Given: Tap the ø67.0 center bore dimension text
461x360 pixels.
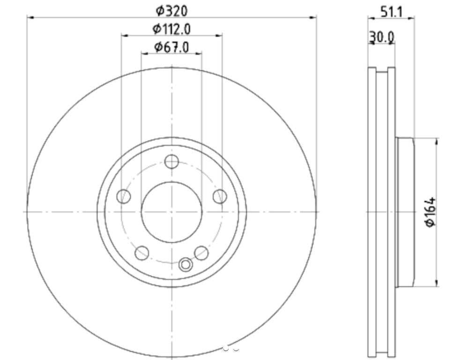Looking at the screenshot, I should click(x=171, y=47).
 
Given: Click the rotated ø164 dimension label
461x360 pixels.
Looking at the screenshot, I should click(x=431, y=212).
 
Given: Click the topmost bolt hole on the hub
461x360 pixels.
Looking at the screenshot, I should click(x=171, y=162).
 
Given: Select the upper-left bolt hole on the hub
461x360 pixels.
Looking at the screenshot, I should click(x=123, y=196).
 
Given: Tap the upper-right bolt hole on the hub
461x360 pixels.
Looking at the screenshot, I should click(x=220, y=196).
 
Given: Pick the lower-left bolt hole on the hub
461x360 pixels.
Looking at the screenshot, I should click(x=141, y=253).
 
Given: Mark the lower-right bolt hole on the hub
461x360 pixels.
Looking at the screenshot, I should click(x=201, y=253).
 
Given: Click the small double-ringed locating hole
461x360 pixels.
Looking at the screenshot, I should click(x=186, y=265).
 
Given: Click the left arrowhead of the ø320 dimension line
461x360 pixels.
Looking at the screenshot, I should click(x=29, y=18).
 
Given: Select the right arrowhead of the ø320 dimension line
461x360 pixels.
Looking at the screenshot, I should click(x=314, y=18).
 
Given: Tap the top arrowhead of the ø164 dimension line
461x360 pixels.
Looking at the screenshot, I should click(x=437, y=140).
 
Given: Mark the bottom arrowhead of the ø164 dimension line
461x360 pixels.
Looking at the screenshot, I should click(x=437, y=284).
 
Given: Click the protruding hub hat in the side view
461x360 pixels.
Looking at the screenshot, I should click(x=405, y=212).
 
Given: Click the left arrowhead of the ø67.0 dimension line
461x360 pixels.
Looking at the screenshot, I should click(x=144, y=54).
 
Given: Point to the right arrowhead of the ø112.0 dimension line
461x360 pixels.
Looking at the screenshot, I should click(x=219, y=35).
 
